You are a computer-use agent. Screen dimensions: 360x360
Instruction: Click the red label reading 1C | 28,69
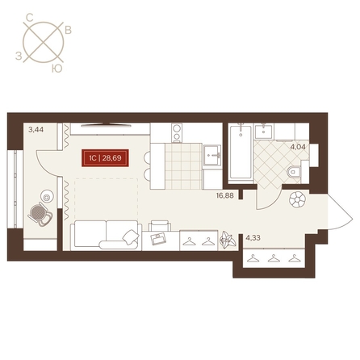click(105, 158)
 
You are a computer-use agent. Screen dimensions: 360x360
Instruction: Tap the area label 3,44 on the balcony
click(36, 130)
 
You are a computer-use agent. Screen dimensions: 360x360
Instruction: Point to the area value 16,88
click(225, 195)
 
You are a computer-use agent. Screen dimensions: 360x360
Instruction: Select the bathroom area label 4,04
click(298, 147)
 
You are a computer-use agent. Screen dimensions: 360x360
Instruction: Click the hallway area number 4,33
click(253, 238)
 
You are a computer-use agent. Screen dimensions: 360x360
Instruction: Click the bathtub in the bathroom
click(241, 152)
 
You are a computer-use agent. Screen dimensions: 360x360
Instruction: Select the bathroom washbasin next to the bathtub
click(263, 132)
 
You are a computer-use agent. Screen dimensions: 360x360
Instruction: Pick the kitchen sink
click(212, 155)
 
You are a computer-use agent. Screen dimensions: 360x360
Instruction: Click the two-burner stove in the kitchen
click(177, 132)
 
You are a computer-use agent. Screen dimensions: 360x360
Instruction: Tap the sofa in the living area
click(106, 235)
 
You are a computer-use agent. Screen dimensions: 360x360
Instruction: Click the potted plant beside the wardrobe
click(228, 239)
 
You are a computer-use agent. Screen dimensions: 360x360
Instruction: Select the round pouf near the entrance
click(297, 199)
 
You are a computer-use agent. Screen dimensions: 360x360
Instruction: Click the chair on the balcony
click(41, 214)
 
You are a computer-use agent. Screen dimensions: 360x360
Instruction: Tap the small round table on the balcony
click(47, 197)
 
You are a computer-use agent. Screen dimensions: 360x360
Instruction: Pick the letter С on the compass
click(30, 18)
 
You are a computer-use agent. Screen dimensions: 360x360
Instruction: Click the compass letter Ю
click(57, 69)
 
